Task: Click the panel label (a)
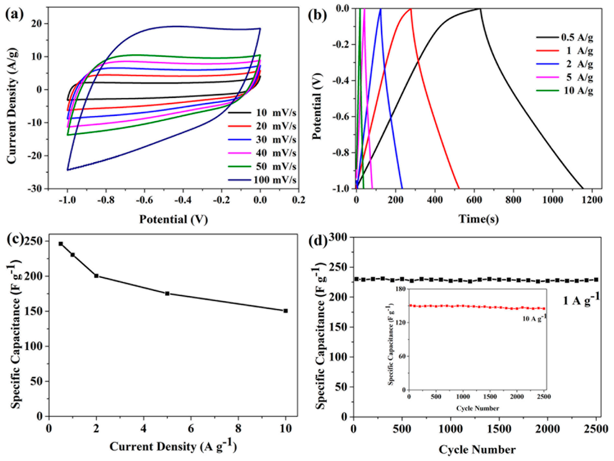[x=14, y=14]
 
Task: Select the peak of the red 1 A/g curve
[x=410, y=9]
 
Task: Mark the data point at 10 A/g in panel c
[x=286, y=311]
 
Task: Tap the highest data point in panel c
[x=61, y=244]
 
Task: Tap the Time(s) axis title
[x=479, y=219]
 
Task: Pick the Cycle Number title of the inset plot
[x=477, y=408]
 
